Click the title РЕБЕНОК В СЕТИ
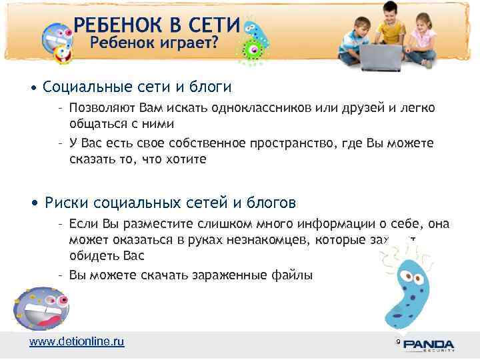pos(156,25)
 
